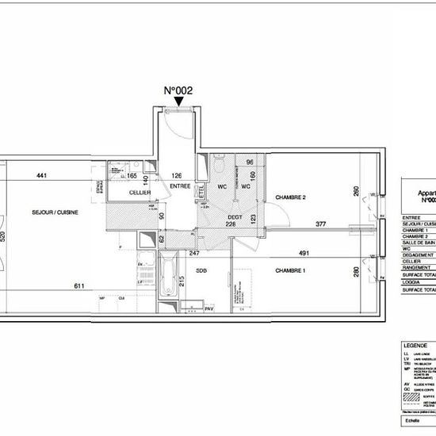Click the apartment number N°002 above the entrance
(x=178, y=90)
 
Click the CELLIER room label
(x=141, y=193)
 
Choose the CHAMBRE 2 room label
(x=290, y=197)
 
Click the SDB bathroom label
(x=201, y=271)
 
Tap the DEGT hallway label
(x=235, y=216)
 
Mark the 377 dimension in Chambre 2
(x=320, y=224)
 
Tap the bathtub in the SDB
(x=168, y=279)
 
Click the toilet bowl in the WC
(x=219, y=169)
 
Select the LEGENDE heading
(x=415, y=346)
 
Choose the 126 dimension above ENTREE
(x=178, y=176)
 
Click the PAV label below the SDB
(x=208, y=308)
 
